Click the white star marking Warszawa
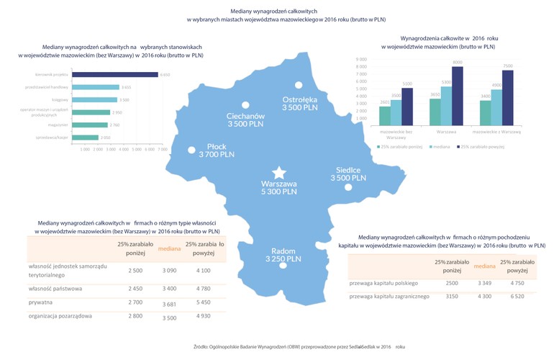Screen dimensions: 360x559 coord(278,172)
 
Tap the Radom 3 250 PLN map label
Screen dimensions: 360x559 coord(280,254)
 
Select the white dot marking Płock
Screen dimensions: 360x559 coord(191,150)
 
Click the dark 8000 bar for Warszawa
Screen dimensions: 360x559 coord(457,97)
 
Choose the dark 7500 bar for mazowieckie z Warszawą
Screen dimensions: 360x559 coord(508,100)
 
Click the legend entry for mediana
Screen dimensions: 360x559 coord(440,146)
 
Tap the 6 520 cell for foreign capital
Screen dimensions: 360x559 coord(516,296)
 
